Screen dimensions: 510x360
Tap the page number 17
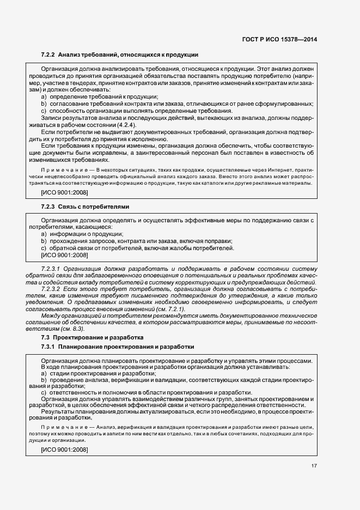point(314,465)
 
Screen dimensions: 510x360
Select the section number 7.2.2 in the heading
point(48,55)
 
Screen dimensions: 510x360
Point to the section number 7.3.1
point(48,347)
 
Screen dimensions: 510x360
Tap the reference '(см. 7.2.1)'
point(166,309)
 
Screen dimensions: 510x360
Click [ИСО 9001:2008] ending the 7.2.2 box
point(64,192)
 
